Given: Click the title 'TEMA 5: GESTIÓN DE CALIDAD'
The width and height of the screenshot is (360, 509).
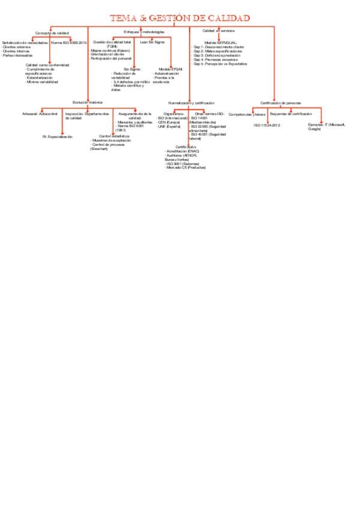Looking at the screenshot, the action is click(179, 18).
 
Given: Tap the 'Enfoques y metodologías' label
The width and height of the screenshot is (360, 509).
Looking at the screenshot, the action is click(143, 31).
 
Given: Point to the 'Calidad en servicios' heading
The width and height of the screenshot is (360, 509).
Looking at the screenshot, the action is click(218, 30).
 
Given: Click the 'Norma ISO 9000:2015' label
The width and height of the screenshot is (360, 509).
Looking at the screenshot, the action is click(70, 43).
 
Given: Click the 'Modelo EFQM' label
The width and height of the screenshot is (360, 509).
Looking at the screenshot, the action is click(171, 69).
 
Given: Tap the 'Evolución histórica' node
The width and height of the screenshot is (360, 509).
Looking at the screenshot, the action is click(87, 102).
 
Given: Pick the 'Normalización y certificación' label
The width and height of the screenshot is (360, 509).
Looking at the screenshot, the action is click(191, 103).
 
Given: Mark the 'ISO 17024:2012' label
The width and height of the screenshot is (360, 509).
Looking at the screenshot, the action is click(267, 125).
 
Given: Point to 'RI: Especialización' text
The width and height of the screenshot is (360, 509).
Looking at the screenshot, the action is click(58, 137).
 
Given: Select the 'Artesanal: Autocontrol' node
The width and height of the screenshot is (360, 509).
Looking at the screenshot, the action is click(40, 113).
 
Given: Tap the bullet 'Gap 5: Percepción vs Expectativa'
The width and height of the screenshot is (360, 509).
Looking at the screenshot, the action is click(220, 64).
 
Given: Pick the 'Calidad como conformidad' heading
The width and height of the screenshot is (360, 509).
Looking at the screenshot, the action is click(47, 64).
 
